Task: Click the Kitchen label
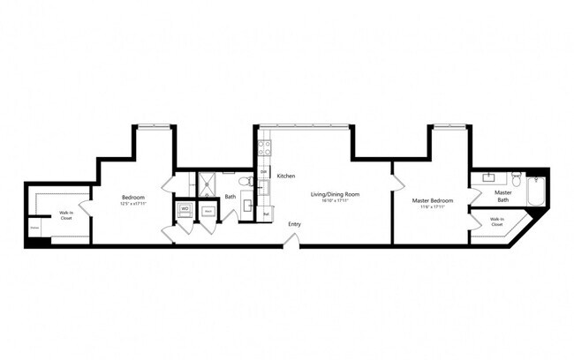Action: click(285, 176)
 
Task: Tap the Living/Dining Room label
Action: click(335, 194)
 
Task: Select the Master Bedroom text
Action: click(433, 200)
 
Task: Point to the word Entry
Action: click(294, 224)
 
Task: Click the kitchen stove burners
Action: click(262, 146)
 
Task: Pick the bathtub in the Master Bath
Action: click(537, 191)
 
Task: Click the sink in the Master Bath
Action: click(487, 176)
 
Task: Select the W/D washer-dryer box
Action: click(186, 210)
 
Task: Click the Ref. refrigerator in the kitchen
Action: click(266, 213)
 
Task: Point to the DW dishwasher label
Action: click(263, 171)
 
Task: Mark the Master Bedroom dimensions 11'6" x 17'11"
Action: click(433, 206)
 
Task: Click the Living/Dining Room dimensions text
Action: click(335, 200)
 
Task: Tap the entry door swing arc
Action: click(293, 238)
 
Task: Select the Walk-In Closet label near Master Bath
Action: click(497, 221)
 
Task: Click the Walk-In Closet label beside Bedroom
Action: click(66, 215)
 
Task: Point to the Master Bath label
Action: click(503, 196)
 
